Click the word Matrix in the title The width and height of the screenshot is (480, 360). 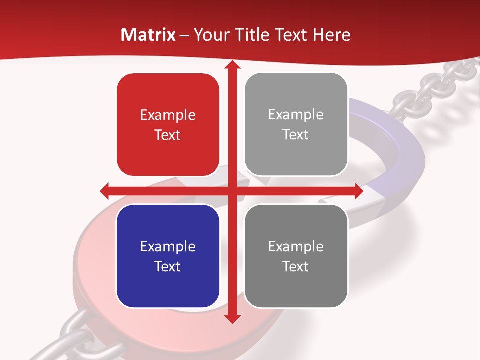point(148,35)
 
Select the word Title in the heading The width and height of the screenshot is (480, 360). point(255,35)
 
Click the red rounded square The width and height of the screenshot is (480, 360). point(168,124)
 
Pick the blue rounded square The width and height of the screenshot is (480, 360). point(168,256)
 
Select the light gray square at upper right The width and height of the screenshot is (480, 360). point(296,124)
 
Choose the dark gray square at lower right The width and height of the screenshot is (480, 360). point(296,256)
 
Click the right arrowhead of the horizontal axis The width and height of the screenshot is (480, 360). point(358,191)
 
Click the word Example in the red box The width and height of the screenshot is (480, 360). point(168,115)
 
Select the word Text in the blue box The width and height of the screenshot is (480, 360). point(168,266)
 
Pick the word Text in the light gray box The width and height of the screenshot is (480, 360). point(296,135)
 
